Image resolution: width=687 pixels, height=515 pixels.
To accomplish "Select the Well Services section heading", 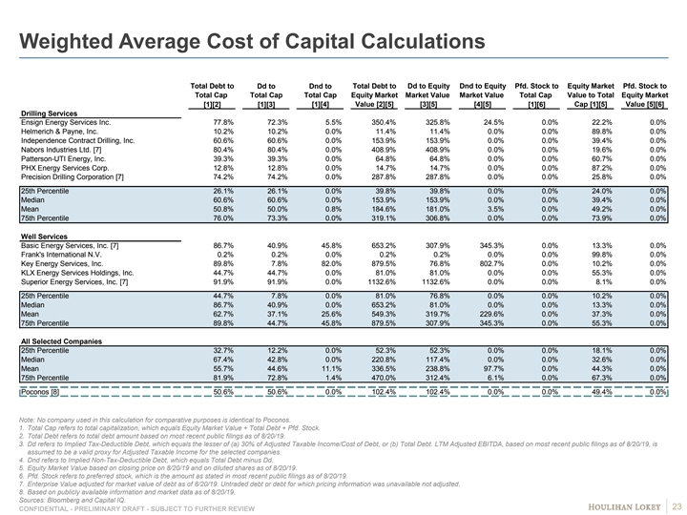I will pyautogui.click(x=48, y=236).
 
